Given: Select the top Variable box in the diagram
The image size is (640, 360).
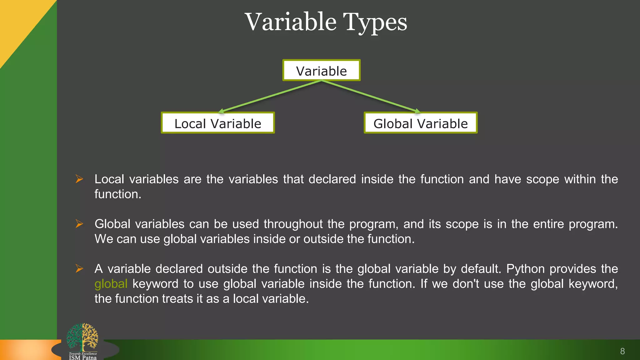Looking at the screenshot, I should click(x=321, y=71).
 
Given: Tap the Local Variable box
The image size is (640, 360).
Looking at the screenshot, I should click(x=218, y=123).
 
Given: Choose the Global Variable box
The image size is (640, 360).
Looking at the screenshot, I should click(x=421, y=123).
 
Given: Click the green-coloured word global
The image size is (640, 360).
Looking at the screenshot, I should click(x=111, y=284).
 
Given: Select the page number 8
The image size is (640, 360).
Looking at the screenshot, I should click(x=622, y=351).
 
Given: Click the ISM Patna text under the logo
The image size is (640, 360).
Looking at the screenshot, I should click(x=83, y=357).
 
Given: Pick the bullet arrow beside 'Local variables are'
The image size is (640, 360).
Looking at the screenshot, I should click(x=79, y=179).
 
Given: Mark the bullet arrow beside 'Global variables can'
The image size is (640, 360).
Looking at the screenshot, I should click(x=79, y=224).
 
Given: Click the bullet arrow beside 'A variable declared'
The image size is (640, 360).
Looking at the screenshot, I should click(x=79, y=269).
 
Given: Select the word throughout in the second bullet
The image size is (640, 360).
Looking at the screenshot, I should click(x=293, y=224).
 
